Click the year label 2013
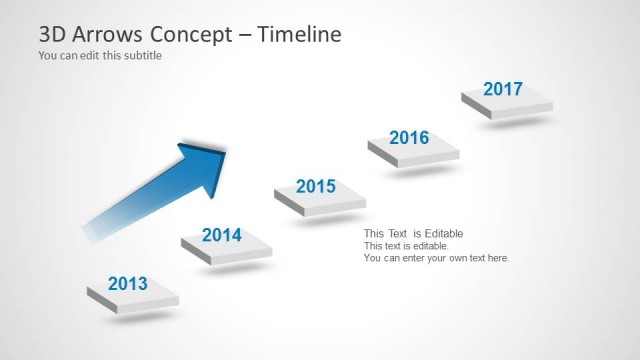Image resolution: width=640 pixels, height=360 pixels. pyautogui.click(x=127, y=284)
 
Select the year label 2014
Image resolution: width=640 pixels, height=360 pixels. pyautogui.click(x=221, y=236)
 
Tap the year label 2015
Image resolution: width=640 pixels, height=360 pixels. pyautogui.click(x=316, y=186)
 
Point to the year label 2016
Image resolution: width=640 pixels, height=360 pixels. pyautogui.click(x=409, y=137)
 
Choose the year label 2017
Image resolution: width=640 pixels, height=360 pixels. pyautogui.click(x=503, y=89)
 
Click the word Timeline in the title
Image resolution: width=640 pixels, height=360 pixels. pyautogui.click(x=299, y=34)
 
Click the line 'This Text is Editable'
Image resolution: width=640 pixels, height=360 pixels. pyautogui.click(x=413, y=234)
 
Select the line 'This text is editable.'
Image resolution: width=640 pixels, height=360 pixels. pyautogui.click(x=406, y=246)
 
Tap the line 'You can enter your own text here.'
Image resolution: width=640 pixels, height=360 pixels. pyautogui.click(x=436, y=258)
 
